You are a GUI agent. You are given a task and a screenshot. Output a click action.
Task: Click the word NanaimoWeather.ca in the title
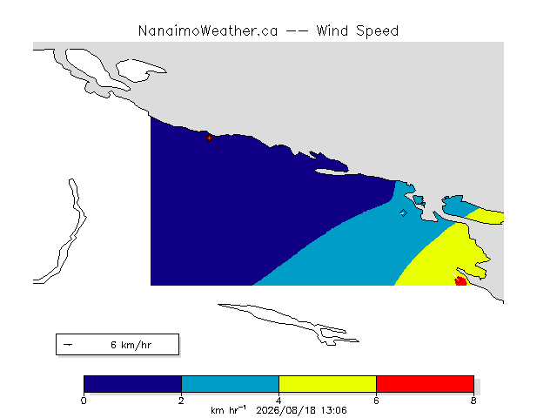coord(208,31)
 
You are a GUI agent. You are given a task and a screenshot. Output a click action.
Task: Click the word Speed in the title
coord(377,31)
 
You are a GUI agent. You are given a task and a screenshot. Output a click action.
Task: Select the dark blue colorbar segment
coord(132,384)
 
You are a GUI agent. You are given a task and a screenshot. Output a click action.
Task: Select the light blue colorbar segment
coord(230,384)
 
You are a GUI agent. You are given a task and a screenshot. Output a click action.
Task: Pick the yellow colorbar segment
coord(327,384)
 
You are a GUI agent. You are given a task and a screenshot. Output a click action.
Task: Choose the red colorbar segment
coord(425,384)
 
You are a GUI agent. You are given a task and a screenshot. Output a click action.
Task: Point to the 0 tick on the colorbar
coord(84,401)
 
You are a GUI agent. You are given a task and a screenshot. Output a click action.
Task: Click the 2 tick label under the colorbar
coord(181,401)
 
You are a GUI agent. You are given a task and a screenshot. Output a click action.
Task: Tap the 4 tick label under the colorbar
coord(278,401)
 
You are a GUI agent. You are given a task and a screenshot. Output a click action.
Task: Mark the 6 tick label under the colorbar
coord(376,401)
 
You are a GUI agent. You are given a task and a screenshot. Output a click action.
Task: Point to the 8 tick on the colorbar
coord(473,401)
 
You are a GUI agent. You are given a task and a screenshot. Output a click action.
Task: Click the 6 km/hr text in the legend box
coord(131,345)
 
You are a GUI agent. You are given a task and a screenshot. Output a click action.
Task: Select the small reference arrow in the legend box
coord(68,345)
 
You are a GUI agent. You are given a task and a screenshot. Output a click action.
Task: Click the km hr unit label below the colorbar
coord(228,410)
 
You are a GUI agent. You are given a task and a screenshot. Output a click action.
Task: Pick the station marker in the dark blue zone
coord(209,138)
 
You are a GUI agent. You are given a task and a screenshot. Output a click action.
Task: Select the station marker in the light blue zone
coord(403,212)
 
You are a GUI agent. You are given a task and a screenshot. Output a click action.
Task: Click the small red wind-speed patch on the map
coord(460,281)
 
